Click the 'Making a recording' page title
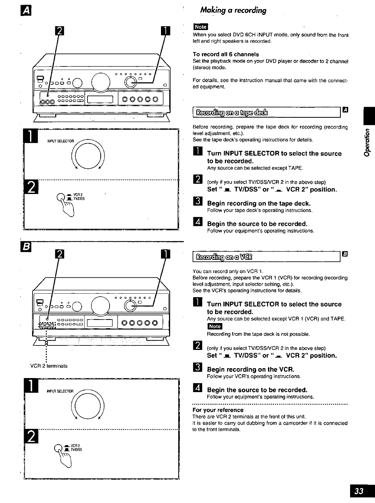tap(233, 10)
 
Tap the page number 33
tap(359, 491)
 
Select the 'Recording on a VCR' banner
tap(224, 257)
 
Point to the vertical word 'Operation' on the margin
tap(367, 143)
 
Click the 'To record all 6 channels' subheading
tap(226, 54)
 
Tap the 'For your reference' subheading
tap(218, 410)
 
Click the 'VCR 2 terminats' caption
tap(49, 366)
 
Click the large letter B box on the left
tap(26, 247)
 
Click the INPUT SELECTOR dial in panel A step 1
tap(88, 156)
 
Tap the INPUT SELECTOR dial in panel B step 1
tap(88, 406)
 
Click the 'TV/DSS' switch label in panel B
tap(76, 450)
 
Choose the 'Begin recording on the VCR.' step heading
tap(250, 369)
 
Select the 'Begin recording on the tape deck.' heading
tap(259, 204)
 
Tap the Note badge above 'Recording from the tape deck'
tap(215, 326)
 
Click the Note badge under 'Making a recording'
tap(201, 27)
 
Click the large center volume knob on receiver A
tap(101, 82)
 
